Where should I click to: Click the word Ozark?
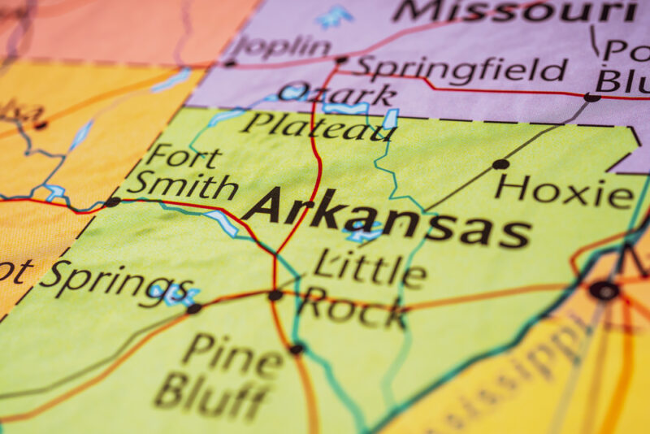point(336,95)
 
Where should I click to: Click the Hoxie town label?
point(564,193)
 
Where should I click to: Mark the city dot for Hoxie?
point(500,164)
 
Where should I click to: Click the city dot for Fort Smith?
point(112,202)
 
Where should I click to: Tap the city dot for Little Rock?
point(275,295)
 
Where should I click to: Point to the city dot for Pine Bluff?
point(297,349)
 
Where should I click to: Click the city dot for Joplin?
point(230,63)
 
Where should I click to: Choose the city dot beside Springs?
point(193,309)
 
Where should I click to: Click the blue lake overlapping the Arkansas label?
point(362,232)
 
